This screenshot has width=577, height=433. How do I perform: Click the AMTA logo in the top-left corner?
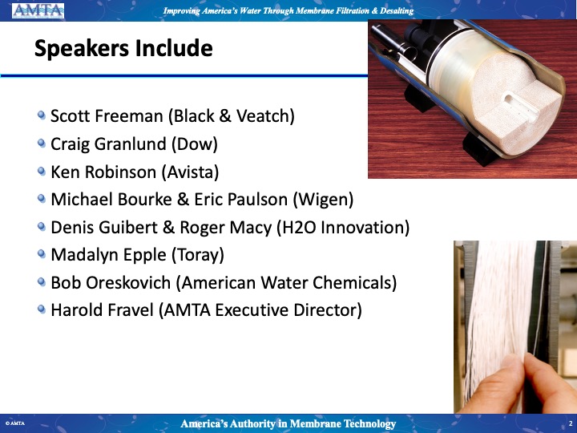pos(38,10)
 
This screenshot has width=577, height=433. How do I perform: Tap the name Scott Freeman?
pos(107,116)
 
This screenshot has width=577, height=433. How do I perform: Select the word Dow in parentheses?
pos(194,144)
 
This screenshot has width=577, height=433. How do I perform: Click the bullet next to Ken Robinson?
pos(42,172)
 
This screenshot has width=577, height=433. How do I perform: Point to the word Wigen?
pos(323,200)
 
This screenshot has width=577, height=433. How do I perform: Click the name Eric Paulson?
pos(240,200)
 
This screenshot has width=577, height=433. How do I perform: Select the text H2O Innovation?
pos(343,227)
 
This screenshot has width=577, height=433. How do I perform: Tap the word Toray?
pos(198,256)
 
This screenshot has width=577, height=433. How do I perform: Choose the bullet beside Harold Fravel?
pos(42,309)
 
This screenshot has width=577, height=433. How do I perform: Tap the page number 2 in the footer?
pos(571,424)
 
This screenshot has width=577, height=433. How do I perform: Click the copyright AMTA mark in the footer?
pos(15,423)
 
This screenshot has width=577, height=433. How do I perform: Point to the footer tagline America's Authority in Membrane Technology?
pos(288,424)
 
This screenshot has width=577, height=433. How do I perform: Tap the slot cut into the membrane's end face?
pos(520,107)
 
